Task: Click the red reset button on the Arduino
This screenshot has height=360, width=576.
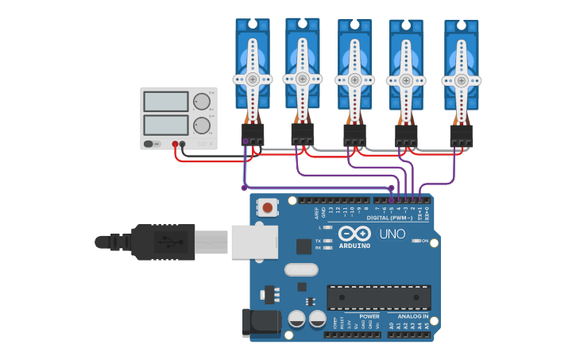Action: [x=268, y=207]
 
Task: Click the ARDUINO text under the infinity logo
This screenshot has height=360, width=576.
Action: [x=354, y=246]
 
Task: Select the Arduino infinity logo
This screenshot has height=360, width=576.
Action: [x=354, y=233]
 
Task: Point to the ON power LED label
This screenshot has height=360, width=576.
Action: [x=425, y=241]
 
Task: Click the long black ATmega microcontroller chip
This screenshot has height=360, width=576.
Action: [x=379, y=297]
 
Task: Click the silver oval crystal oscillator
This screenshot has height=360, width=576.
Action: [x=301, y=269]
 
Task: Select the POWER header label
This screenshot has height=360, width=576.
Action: [x=369, y=316]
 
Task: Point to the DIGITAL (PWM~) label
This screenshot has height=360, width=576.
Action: [x=389, y=217]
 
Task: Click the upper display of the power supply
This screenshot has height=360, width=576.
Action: [x=166, y=102]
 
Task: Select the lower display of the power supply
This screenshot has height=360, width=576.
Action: [x=166, y=125]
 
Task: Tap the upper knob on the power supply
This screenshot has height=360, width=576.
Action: [x=202, y=102]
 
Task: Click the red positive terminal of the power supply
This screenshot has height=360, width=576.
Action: [x=175, y=144]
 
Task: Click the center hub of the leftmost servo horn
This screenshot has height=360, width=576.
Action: [x=252, y=79]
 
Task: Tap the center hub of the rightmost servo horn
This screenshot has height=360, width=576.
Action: [x=461, y=81]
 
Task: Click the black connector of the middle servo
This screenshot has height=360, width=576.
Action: [x=354, y=134]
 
